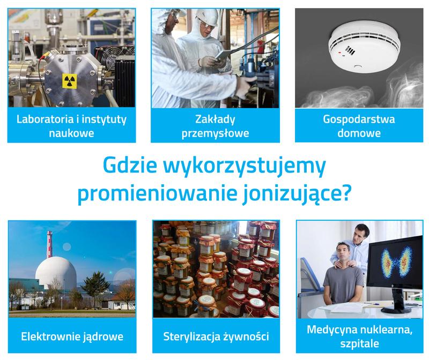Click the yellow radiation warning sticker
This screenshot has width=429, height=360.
pyautogui.click(x=68, y=80)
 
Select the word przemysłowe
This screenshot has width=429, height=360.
pyautogui.click(x=215, y=133)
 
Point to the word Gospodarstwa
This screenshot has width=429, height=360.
pyautogui.click(x=352, y=119)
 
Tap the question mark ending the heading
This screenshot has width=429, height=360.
pyautogui.click(x=347, y=193)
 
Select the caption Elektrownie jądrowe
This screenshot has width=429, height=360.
pyautogui.click(x=72, y=337)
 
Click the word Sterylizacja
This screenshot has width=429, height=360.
pyautogui.click(x=193, y=337)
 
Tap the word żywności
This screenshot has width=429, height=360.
pyautogui.click(x=246, y=337)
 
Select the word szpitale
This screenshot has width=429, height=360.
pyautogui.click(x=358, y=344)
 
